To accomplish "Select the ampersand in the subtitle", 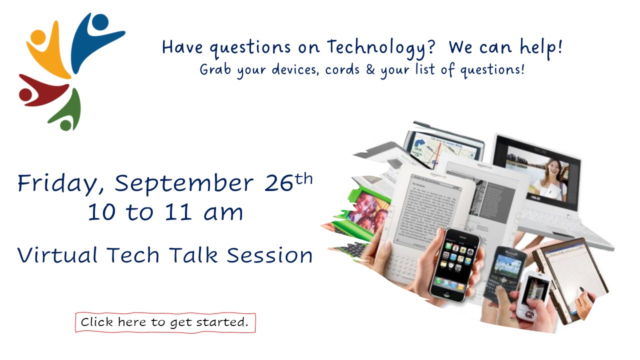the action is (370, 69).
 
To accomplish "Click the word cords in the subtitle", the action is (342, 69).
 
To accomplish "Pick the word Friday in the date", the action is (60, 183).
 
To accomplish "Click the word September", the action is (184, 183).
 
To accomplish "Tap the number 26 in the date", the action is (278, 183).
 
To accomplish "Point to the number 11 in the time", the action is (178, 212).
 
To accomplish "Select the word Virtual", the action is (57, 255).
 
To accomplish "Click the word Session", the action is (269, 255).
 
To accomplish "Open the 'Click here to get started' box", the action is (165, 322).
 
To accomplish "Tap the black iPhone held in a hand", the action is (454, 265).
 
